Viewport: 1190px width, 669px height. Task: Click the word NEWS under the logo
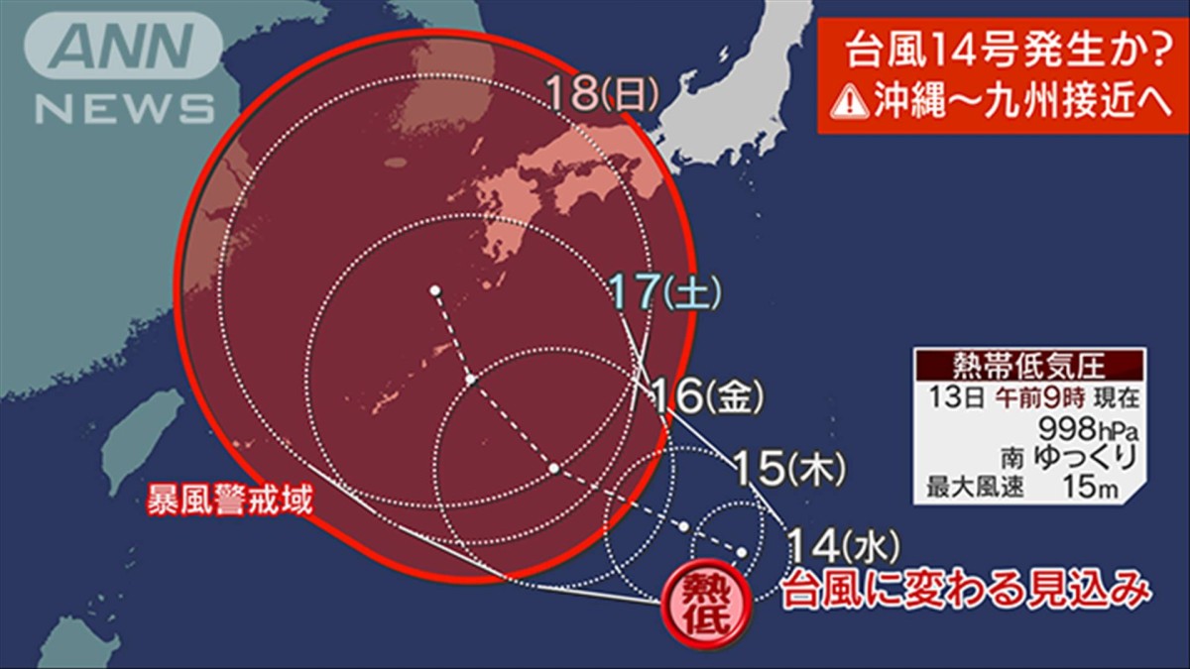124,107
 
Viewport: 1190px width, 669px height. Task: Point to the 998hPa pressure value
1085,429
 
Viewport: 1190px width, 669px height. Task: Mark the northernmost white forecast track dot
434,290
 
